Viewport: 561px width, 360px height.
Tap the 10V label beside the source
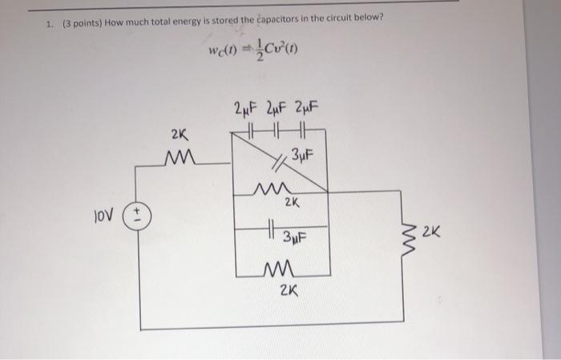click(106, 216)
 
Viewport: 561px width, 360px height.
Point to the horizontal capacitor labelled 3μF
click(274, 231)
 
